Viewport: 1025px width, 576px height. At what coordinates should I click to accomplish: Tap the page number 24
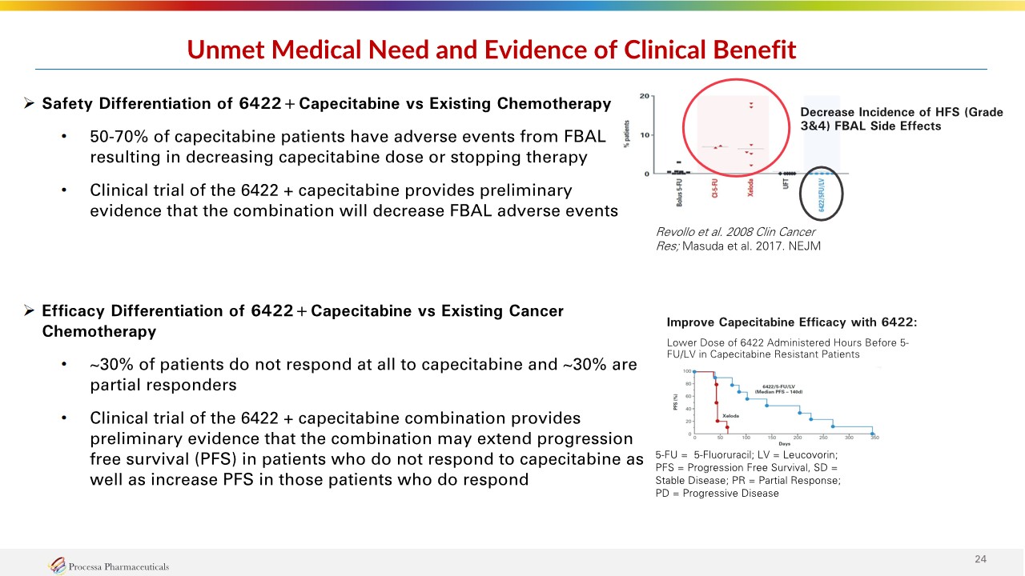(979, 558)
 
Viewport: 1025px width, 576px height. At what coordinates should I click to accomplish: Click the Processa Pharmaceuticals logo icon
(57, 566)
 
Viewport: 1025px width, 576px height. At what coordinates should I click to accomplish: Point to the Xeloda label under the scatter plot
(750, 192)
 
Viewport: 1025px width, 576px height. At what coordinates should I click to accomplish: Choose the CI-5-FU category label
(715, 192)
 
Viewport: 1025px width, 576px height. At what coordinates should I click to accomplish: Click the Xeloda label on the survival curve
(730, 415)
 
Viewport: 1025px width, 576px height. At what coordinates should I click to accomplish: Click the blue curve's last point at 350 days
(872, 433)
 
